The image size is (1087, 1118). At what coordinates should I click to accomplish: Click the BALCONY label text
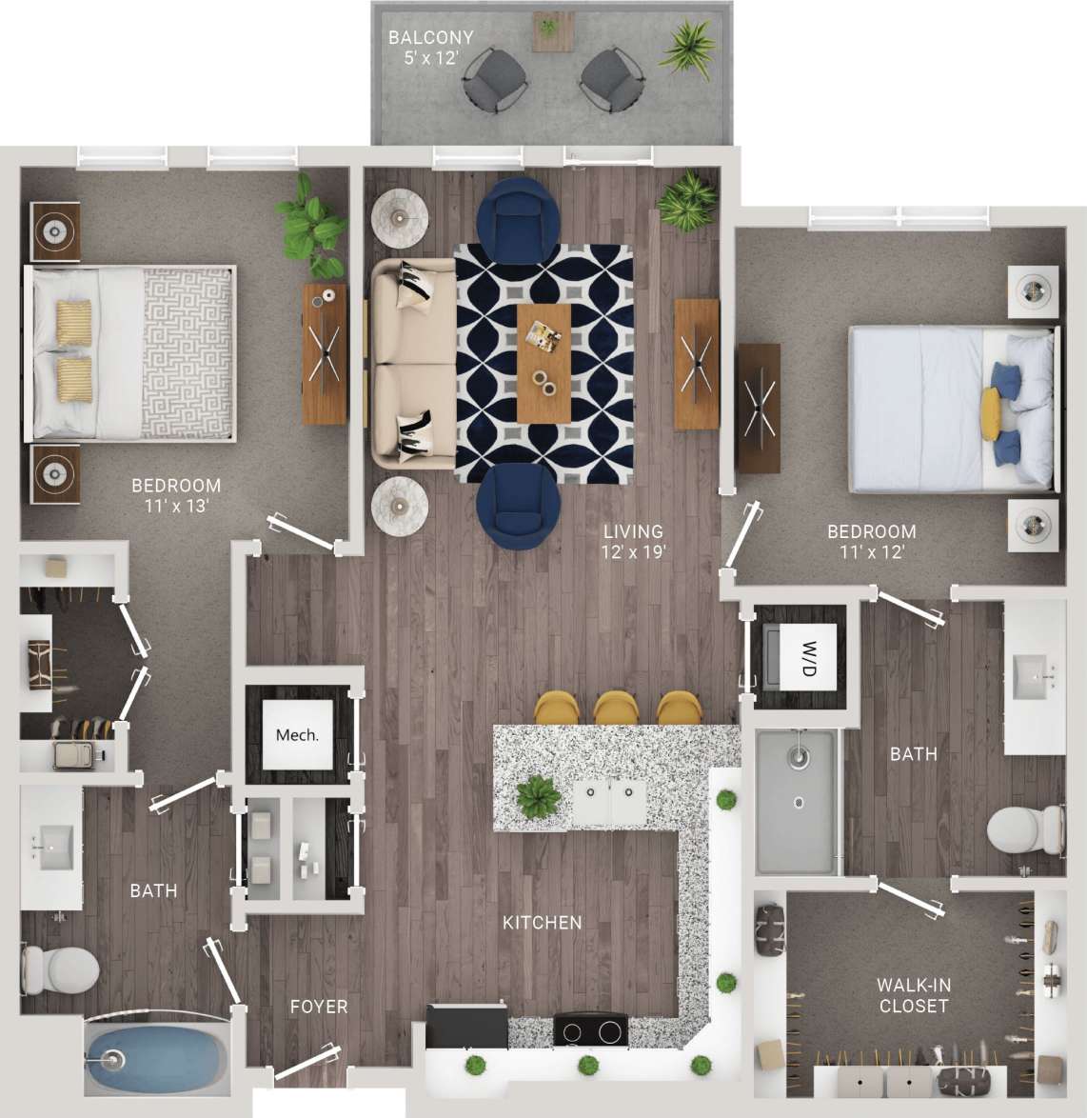tap(430, 38)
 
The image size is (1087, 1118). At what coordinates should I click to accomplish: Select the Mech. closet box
tap(297, 734)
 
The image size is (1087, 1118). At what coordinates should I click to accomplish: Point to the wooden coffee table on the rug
tap(543, 363)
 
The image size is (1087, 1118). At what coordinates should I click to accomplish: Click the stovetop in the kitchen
tap(590, 1030)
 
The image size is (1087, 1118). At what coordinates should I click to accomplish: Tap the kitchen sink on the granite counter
tap(610, 802)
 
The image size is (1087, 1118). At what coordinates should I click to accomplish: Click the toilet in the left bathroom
tap(63, 968)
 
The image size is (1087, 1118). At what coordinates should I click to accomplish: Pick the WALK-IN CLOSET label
tap(913, 995)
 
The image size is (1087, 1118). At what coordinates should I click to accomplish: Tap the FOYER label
tap(318, 1007)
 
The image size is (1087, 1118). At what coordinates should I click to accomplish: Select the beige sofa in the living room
tap(412, 365)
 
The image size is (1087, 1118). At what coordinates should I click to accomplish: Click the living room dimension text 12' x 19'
tap(632, 551)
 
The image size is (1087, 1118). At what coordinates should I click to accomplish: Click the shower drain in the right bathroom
tap(799, 802)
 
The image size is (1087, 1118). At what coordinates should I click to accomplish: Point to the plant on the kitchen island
tap(539, 795)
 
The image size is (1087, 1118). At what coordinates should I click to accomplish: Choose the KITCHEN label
tap(542, 922)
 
